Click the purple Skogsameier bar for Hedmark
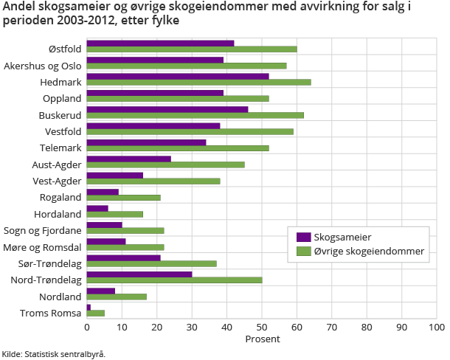[178, 77]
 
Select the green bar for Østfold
[192, 49]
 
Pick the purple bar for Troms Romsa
[89, 306]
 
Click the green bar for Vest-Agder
[153, 181]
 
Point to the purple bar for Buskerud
[167, 109]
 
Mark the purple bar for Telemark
[147, 142]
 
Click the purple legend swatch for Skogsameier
[302, 238]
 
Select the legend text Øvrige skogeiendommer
[369, 252]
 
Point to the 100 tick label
[436, 326]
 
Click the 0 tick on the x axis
[87, 326]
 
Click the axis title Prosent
[262, 339]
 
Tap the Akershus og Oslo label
[42, 66]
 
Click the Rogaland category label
[60, 197]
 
